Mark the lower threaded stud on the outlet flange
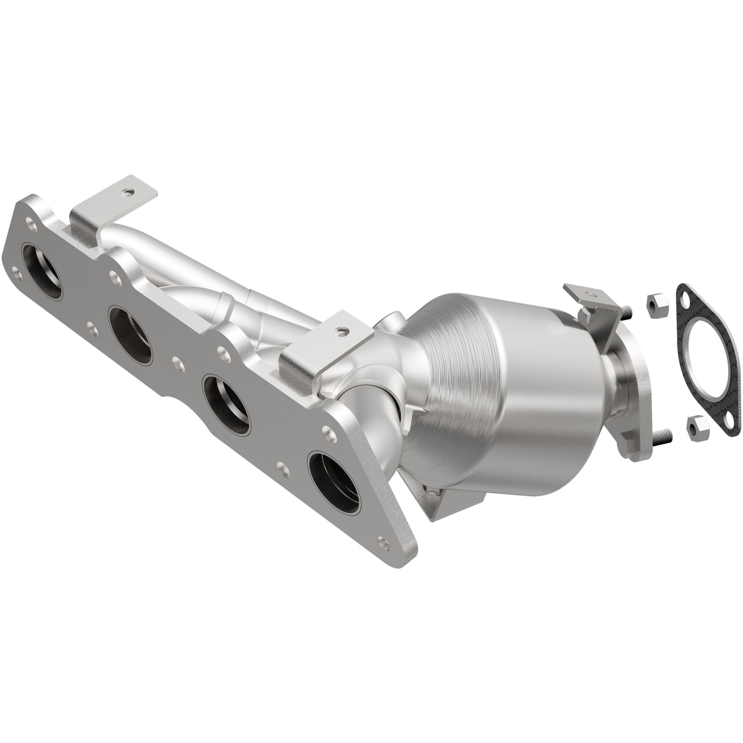tap(663, 435)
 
